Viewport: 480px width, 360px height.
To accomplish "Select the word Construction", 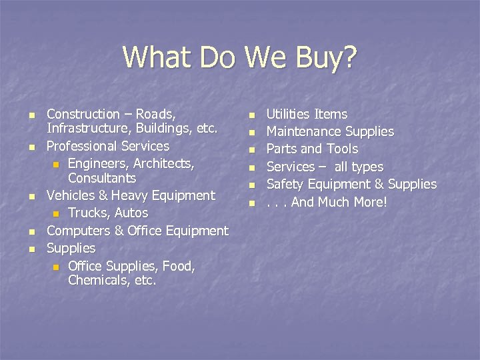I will coord(83,114).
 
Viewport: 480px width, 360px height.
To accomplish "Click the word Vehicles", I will coord(71,195).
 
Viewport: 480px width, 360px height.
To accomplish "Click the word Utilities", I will coord(288,114).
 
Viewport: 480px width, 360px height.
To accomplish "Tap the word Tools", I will coord(344,149).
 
